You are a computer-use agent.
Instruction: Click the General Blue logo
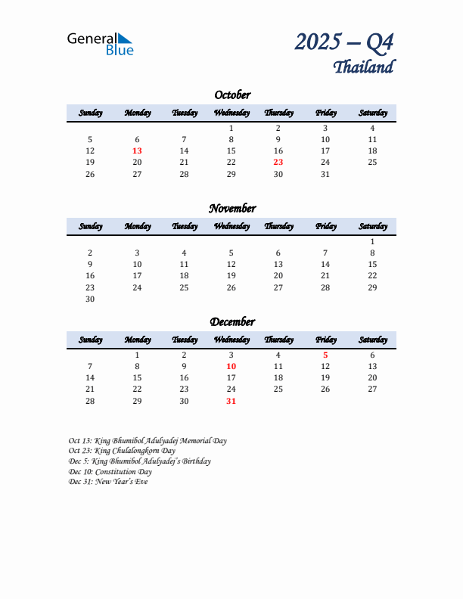tap(100, 44)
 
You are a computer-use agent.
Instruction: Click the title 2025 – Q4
tap(344, 42)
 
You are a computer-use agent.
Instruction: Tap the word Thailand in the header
tap(363, 67)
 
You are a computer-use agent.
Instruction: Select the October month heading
tap(232, 95)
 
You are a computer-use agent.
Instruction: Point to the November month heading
tap(232, 208)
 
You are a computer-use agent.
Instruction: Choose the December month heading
tap(232, 321)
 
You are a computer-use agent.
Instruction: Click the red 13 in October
tap(137, 151)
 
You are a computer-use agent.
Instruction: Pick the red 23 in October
tap(278, 162)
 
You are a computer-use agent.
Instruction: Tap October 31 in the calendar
tap(325, 174)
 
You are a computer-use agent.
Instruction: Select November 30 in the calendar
tap(90, 299)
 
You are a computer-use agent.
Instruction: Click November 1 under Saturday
tap(372, 241)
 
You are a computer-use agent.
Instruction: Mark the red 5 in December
tap(325, 355)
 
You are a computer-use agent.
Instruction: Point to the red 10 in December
tap(231, 366)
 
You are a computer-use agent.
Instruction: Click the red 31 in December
tap(231, 401)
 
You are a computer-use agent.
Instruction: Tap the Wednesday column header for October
tap(231, 113)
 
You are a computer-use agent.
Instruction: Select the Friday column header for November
tap(325, 226)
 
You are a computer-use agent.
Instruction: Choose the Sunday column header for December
tap(90, 340)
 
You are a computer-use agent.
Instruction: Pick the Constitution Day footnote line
tap(110, 472)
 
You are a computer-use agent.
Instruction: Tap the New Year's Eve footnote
tap(108, 482)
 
